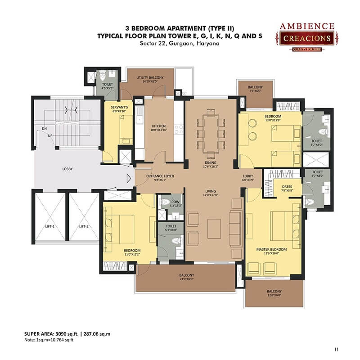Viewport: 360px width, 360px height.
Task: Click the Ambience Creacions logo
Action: [x=307, y=37]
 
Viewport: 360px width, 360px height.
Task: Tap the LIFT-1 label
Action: [x=50, y=226]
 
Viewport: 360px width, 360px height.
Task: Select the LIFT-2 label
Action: [x=84, y=226]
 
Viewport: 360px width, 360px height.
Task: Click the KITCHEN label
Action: [x=159, y=126]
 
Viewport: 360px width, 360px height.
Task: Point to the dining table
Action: [x=211, y=134]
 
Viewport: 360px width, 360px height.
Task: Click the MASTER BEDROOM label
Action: [x=271, y=249]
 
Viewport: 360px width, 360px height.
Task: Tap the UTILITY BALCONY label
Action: [x=150, y=77]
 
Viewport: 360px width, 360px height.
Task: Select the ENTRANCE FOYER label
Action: [x=160, y=176]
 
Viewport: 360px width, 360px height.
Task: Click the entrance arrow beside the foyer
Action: [x=129, y=178]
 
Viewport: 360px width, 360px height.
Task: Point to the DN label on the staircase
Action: [x=44, y=129]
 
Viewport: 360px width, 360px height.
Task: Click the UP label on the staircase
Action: [x=50, y=136]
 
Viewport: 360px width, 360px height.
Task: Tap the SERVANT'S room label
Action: [x=119, y=107]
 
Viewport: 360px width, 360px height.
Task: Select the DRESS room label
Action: [x=287, y=187]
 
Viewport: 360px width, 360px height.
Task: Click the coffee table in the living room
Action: [x=214, y=229]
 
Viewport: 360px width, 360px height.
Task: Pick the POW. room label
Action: [x=175, y=202]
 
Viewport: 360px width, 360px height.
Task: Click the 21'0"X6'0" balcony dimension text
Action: [x=187, y=279]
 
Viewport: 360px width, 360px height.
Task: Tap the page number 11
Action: [x=336, y=350]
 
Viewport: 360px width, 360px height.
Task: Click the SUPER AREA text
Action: [x=38, y=334]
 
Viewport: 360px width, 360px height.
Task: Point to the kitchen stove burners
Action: [x=179, y=130]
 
